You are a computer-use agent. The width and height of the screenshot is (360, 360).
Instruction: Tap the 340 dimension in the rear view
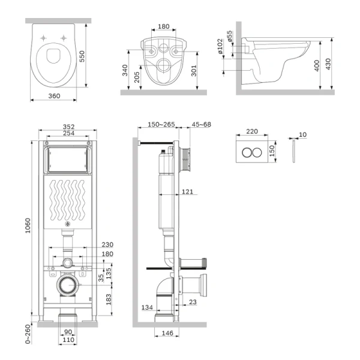point(125,70)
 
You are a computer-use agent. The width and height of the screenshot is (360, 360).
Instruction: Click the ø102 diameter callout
point(220,46)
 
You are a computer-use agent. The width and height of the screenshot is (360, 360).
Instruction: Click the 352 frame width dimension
point(68,127)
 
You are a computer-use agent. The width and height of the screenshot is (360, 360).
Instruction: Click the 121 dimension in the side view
point(188,191)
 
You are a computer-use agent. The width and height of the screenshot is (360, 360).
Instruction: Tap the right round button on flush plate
point(259,152)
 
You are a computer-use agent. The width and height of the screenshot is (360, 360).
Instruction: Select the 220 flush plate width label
point(252,131)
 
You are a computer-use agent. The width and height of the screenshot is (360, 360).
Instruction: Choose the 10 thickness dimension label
point(302,134)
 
